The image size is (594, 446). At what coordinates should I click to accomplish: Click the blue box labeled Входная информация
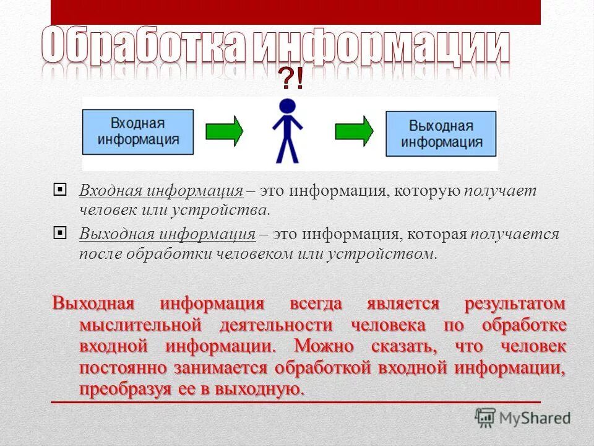[138, 131]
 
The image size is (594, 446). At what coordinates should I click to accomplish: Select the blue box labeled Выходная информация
[441, 134]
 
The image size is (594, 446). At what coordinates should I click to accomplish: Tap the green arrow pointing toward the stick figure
[224, 131]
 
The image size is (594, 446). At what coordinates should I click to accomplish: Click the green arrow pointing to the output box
[354, 131]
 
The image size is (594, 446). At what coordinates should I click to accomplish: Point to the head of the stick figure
[288, 106]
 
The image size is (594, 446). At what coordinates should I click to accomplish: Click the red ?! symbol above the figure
[291, 79]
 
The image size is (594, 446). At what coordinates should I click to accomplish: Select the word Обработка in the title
[145, 47]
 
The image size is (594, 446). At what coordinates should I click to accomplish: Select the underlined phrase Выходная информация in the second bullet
[167, 235]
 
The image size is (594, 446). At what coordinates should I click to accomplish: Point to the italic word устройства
[231, 209]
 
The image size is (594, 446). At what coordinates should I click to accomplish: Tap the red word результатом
[515, 304]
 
